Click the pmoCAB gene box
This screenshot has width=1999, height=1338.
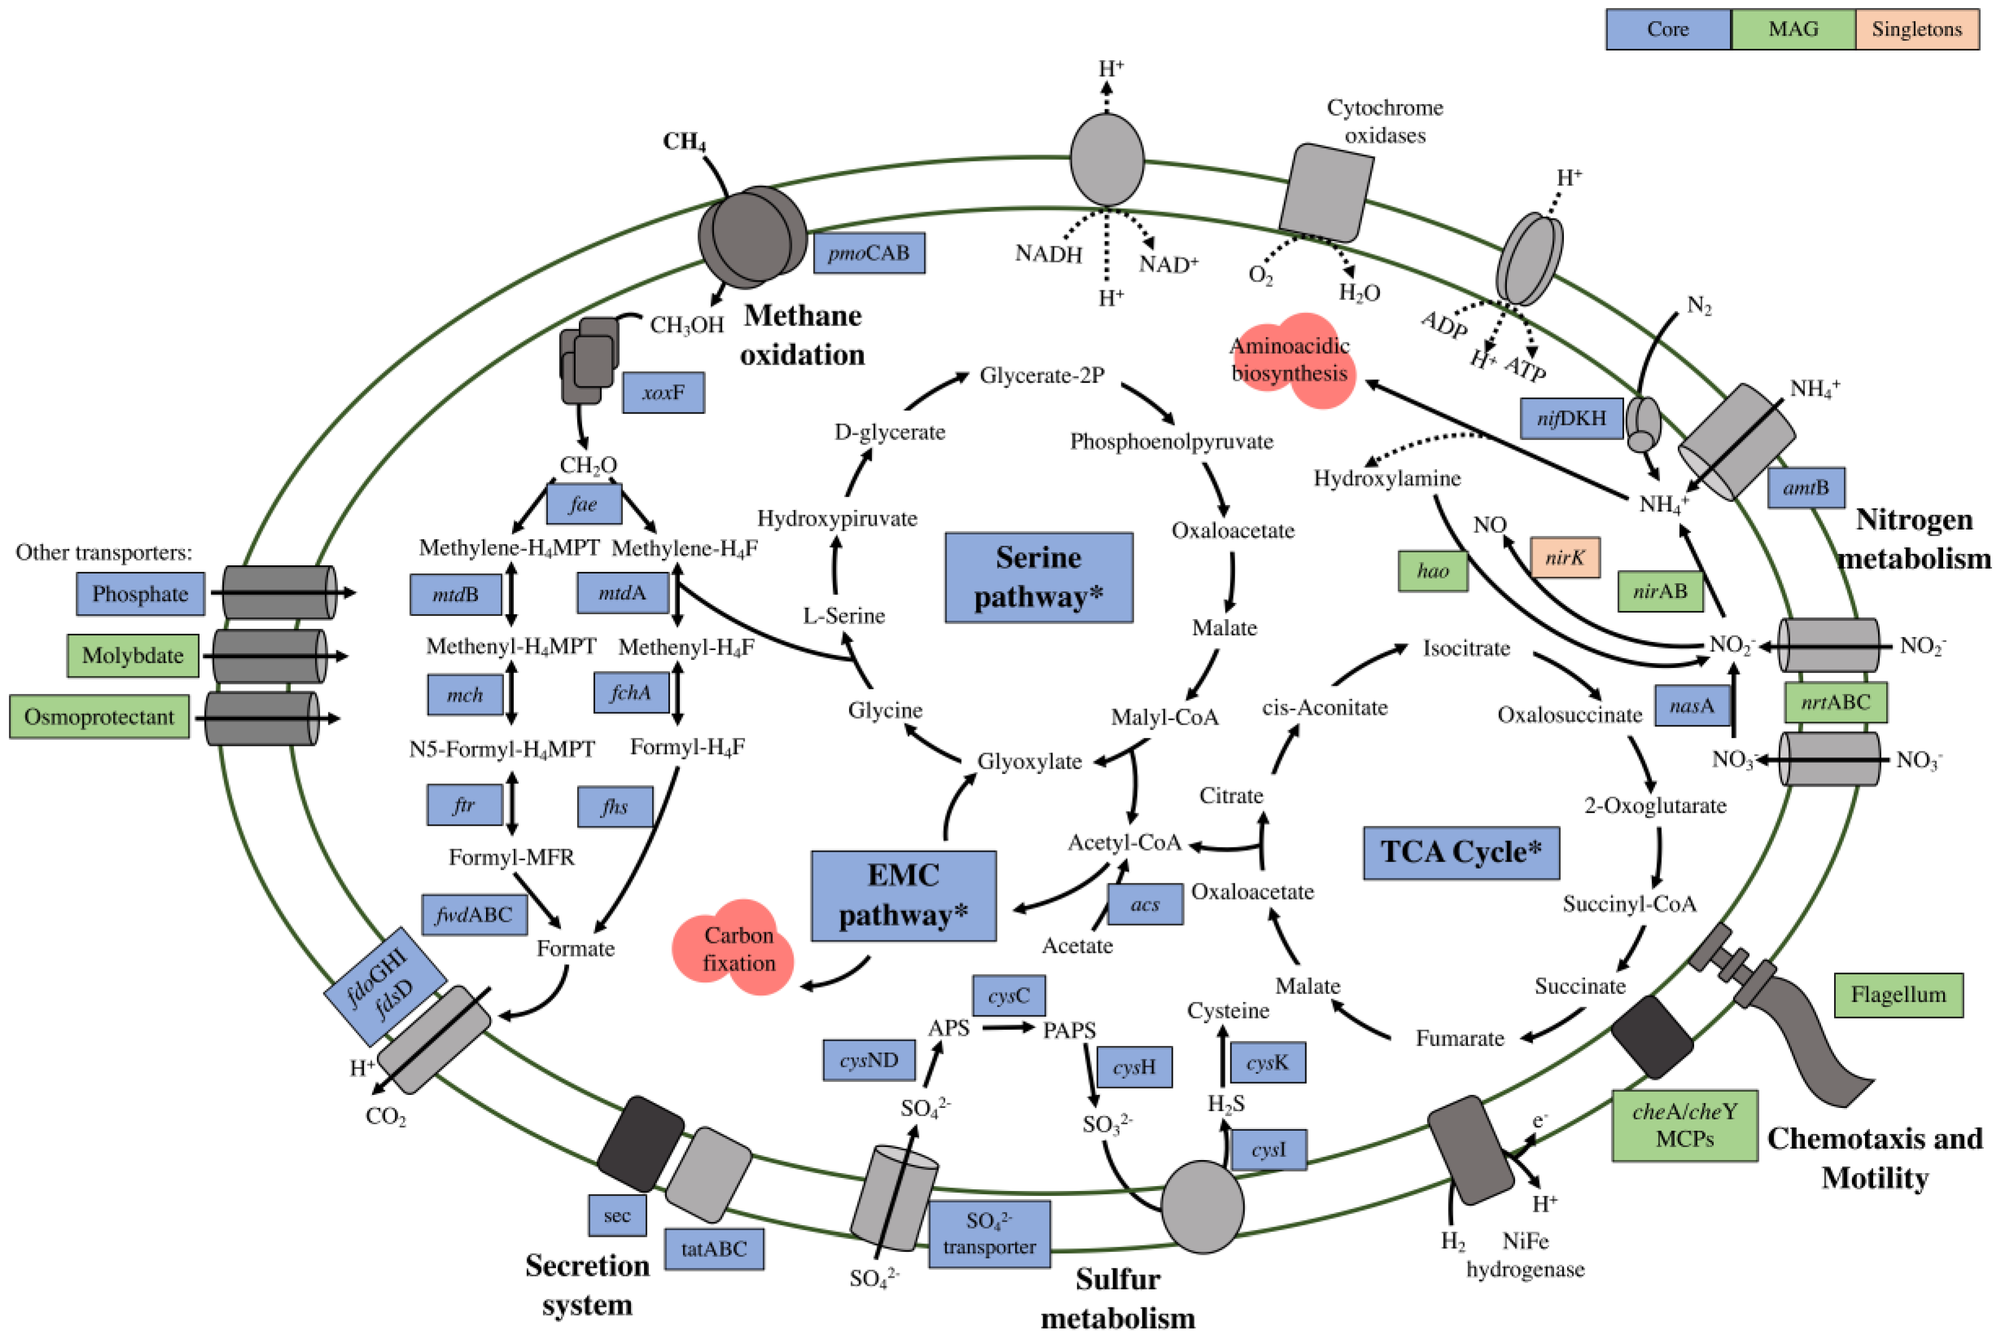click(x=868, y=253)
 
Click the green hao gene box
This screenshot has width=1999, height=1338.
click(x=1433, y=571)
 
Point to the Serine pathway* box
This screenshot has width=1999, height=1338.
click(x=1038, y=578)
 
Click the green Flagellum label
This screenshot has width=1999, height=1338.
click(x=1898, y=995)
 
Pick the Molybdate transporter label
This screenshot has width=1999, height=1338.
click(x=133, y=655)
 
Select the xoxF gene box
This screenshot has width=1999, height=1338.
click(x=663, y=392)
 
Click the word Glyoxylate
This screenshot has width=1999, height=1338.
click(x=1029, y=761)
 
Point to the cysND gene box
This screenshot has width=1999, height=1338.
click(x=868, y=1061)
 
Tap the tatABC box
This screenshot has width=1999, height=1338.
click(x=713, y=1249)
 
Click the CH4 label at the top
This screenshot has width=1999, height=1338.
click(x=684, y=141)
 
